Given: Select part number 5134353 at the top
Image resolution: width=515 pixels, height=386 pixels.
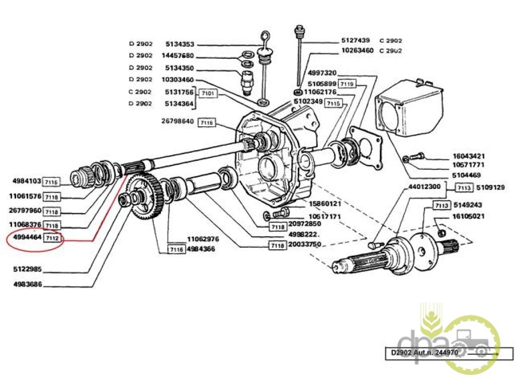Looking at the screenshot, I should tap(180, 44).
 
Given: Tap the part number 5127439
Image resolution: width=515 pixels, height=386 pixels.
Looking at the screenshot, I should tap(356, 40).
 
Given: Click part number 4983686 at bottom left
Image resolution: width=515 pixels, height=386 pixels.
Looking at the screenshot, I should tap(28, 284).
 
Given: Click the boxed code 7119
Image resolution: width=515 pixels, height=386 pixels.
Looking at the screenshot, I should tap(347, 83).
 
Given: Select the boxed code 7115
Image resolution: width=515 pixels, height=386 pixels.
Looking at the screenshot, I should tap(333, 103).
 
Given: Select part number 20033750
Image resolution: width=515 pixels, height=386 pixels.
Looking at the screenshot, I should tap(304, 245).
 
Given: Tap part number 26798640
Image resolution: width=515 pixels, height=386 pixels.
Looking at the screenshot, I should tap(178, 121).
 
